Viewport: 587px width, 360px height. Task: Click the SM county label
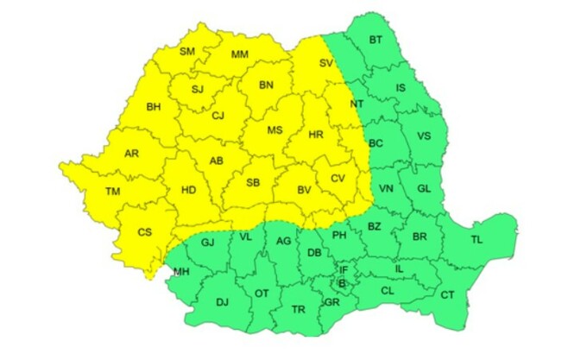pyautogui.click(x=187, y=51)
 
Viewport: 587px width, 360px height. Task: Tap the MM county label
pyautogui.click(x=240, y=55)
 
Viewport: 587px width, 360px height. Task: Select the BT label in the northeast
pyautogui.click(x=376, y=40)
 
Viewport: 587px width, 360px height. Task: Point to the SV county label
pyautogui.click(x=325, y=63)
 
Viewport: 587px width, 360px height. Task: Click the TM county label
pyautogui.click(x=113, y=191)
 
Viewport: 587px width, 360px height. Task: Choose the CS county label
pyautogui.click(x=145, y=231)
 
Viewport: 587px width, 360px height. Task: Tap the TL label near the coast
pyautogui.click(x=477, y=238)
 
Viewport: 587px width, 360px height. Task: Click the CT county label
pyautogui.click(x=447, y=295)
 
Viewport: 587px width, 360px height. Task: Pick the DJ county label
pyautogui.click(x=222, y=301)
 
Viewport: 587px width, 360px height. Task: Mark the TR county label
pyautogui.click(x=298, y=308)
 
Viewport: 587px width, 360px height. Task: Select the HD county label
pyautogui.click(x=186, y=191)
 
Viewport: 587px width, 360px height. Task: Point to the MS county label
pyautogui.click(x=275, y=130)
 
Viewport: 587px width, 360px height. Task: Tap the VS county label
pyautogui.click(x=424, y=136)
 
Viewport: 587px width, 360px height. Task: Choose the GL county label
pyautogui.click(x=423, y=188)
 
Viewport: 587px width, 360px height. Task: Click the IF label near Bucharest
pyautogui.click(x=343, y=269)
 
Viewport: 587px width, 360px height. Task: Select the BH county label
pyautogui.click(x=154, y=107)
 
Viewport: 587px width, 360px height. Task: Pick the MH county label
pyautogui.click(x=181, y=272)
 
